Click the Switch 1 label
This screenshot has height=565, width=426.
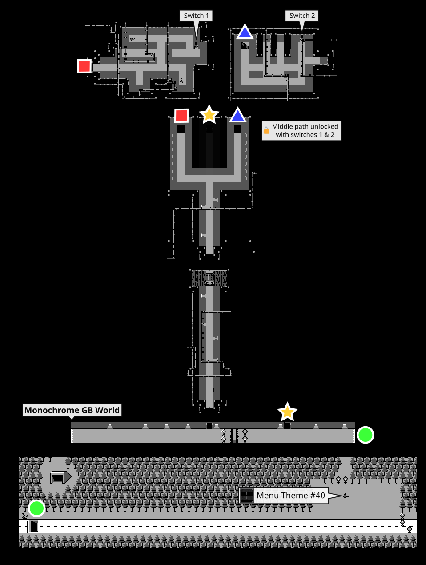point(196,16)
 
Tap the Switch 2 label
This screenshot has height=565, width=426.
point(302,16)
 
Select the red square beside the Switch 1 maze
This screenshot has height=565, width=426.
point(84,66)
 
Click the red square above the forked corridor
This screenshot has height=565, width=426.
point(181,116)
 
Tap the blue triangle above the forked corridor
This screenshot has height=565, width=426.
point(238,116)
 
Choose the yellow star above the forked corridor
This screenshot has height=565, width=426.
point(209,115)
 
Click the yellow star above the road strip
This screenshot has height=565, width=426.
point(287,412)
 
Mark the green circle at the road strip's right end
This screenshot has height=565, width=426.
point(366,435)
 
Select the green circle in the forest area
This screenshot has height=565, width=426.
point(36,508)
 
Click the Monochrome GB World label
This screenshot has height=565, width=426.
point(72,410)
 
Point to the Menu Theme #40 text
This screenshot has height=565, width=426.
point(291,496)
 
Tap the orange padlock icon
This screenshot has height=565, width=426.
point(266,131)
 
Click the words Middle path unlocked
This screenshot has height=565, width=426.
point(305,127)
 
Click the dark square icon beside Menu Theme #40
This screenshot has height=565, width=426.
point(246,496)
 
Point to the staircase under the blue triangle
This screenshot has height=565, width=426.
point(245,45)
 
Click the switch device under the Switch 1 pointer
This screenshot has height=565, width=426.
point(196,46)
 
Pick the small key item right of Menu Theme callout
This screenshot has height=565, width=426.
point(346,496)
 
